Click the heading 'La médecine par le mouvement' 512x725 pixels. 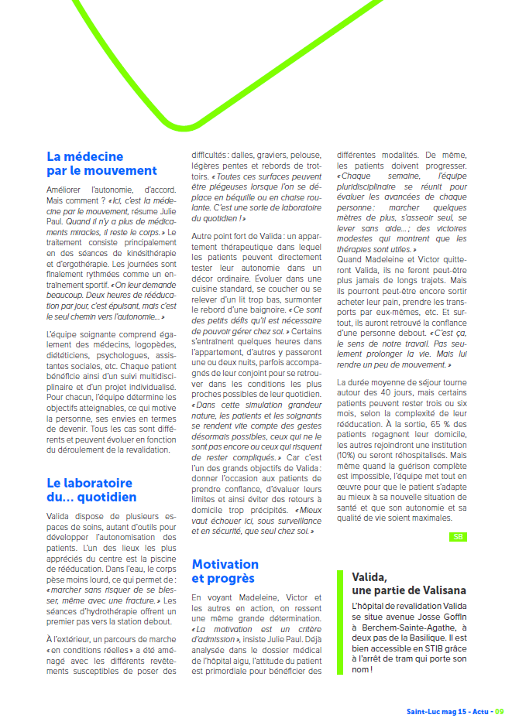(101, 163)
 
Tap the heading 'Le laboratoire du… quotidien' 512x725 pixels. (91, 490)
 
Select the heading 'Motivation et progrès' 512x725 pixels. (225, 571)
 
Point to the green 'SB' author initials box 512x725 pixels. (459, 536)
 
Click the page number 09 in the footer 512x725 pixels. (500, 711)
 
